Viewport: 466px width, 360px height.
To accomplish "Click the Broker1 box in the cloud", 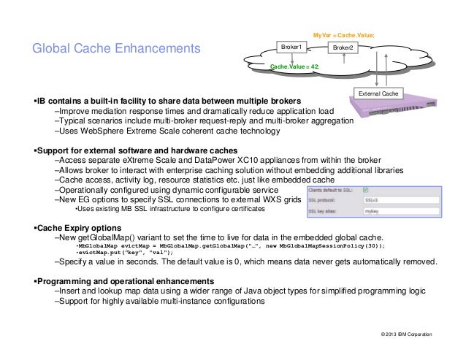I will point(296,47).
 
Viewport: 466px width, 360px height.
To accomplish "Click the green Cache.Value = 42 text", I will point(294,66).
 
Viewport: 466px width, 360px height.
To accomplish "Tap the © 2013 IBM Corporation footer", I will point(402,334).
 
